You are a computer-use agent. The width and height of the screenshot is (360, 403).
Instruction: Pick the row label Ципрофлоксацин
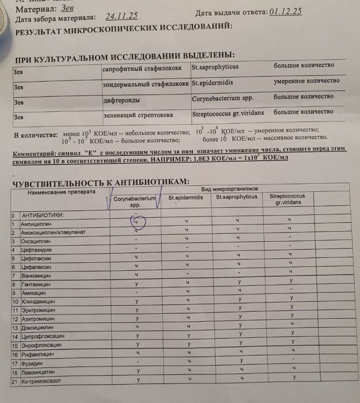point(42,336)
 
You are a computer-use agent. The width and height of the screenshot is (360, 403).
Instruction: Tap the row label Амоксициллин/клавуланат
point(53,232)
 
